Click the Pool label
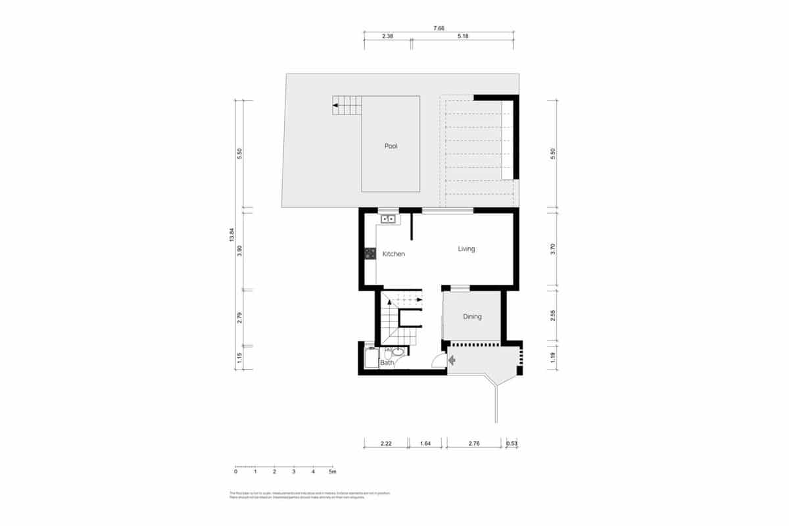(x=391, y=146)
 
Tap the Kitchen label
(x=394, y=254)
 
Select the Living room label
(x=466, y=249)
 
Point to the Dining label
(x=472, y=317)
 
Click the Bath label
(x=387, y=362)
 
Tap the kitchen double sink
(x=387, y=218)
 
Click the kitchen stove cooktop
(x=370, y=252)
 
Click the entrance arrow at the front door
(x=452, y=360)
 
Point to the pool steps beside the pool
(x=347, y=105)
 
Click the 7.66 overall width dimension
(x=439, y=28)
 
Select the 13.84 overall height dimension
(x=231, y=235)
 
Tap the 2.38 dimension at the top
(x=387, y=37)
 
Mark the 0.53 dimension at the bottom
(x=512, y=444)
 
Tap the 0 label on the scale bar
(x=235, y=471)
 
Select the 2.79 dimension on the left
(x=240, y=318)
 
